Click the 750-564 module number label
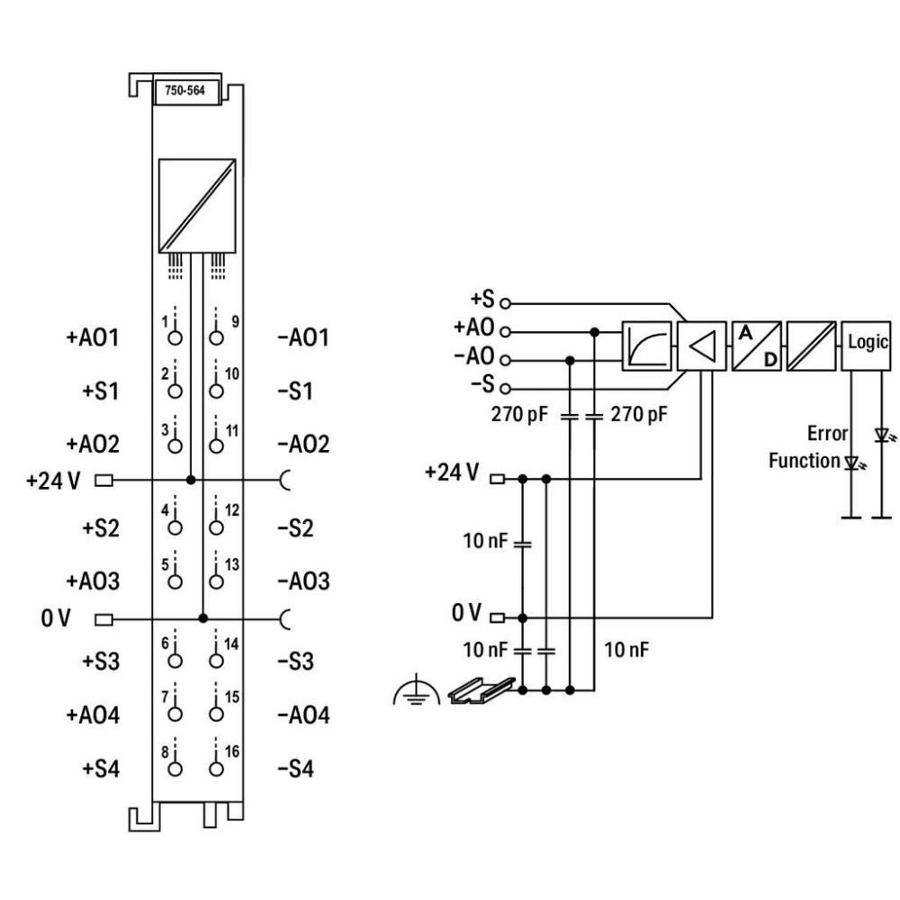[x=186, y=92]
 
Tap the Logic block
[x=867, y=345]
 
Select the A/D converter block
[x=758, y=345]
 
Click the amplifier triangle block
[x=704, y=345]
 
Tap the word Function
[x=803, y=461]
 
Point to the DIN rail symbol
[x=468, y=688]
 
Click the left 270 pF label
[x=521, y=416]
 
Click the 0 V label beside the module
[x=57, y=618]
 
